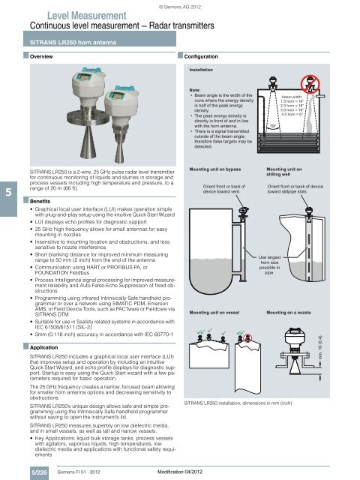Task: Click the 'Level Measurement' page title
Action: click(x=81, y=15)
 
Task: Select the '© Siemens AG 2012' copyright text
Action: click(x=179, y=7)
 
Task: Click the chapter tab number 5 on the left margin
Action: click(x=7, y=193)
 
